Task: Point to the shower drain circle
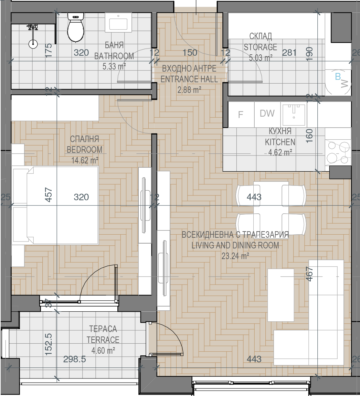coord(33,44)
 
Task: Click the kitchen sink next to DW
coord(294,115)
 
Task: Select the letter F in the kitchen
coord(241,115)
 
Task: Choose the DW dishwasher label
coord(267,113)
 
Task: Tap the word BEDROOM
coord(84,150)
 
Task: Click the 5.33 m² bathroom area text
coord(114,66)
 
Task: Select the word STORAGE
coord(260,47)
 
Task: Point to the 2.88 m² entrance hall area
coord(189,90)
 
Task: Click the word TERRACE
coord(103,340)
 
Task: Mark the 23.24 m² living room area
coord(235,256)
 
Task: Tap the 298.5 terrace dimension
coord(75,359)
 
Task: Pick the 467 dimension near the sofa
coord(309,274)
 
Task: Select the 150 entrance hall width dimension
coord(190,53)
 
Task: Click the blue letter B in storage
coord(338,76)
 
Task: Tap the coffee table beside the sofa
coord(281,295)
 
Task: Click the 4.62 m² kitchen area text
coord(280,152)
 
